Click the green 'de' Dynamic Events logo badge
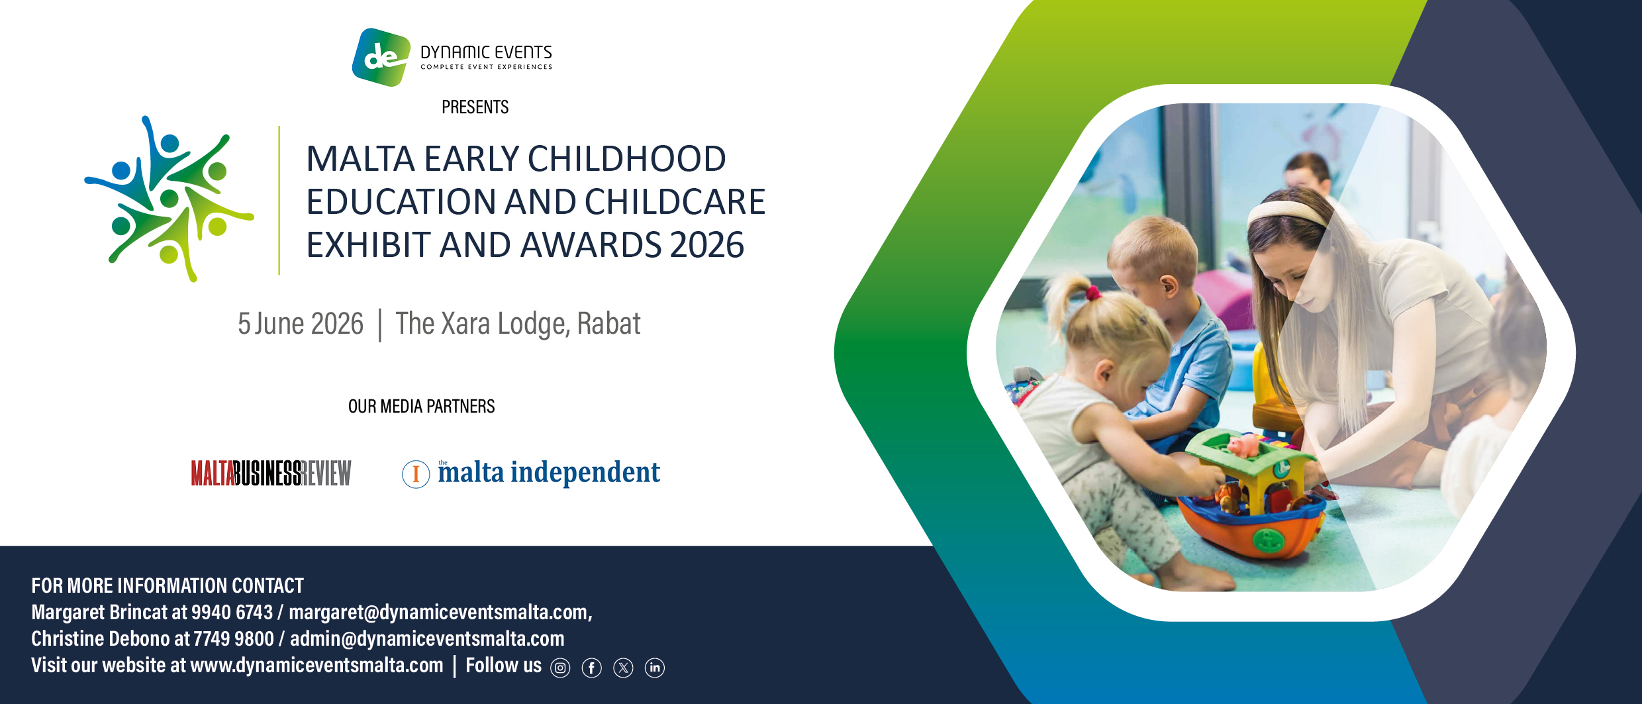point(381,57)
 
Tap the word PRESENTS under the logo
point(475,107)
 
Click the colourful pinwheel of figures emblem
point(169,199)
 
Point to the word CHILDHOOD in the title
point(626,159)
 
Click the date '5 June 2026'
point(301,324)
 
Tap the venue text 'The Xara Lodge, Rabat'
point(518,324)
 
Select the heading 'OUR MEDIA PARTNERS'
point(422,406)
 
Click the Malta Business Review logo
point(271,473)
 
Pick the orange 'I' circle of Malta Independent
point(416,474)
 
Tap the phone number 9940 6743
point(232,612)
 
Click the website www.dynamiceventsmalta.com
point(316,665)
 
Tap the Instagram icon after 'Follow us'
point(560,668)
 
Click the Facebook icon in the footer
point(592,668)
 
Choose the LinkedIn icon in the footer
point(655,668)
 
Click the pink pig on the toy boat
point(1243,446)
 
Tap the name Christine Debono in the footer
point(101,638)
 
